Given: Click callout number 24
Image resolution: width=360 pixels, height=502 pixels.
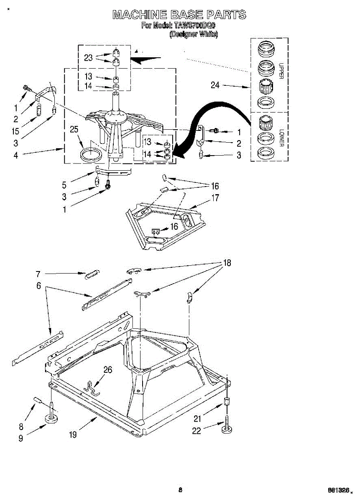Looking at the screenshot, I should pyautogui.click(x=215, y=85).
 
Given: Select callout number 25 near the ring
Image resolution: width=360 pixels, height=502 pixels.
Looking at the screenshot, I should pyautogui.click(x=74, y=130).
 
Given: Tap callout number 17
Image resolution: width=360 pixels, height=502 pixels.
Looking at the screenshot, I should pyautogui.click(x=215, y=198).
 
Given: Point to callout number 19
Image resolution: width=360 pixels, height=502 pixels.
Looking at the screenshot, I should pyautogui.click(x=73, y=435).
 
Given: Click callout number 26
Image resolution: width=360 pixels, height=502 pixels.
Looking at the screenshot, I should pyautogui.click(x=107, y=370).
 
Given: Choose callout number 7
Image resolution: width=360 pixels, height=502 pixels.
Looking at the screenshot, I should pyautogui.click(x=38, y=274).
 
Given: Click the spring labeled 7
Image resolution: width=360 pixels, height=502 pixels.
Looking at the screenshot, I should pyautogui.click(x=92, y=274).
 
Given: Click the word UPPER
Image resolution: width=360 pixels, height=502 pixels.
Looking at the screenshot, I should pyautogui.click(x=281, y=71).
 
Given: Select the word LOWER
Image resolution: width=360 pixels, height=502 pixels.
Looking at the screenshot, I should pyautogui.click(x=281, y=136).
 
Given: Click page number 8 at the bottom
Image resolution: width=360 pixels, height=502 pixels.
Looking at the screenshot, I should pyautogui.click(x=180, y=490).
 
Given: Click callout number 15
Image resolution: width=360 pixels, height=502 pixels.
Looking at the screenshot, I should pyautogui.click(x=16, y=131).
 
